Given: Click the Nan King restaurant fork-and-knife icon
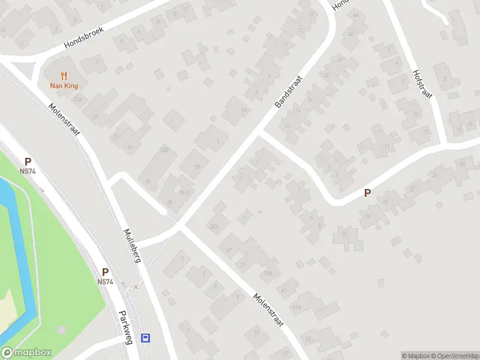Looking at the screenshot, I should [x=64, y=76].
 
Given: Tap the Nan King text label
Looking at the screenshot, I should [x=64, y=86].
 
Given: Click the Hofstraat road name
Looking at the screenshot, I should [x=422, y=83].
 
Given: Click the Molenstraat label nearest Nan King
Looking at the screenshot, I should [x=65, y=119].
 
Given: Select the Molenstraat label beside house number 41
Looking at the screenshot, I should [x=268, y=310].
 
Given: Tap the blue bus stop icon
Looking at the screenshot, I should [x=145, y=338].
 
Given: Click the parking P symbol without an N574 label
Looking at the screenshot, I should [x=367, y=193].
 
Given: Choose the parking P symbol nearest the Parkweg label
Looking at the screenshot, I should [x=105, y=272].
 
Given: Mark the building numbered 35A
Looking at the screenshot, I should [x=214, y=226].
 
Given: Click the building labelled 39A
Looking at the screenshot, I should [x=268, y=273].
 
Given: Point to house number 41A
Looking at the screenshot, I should [x=296, y=306].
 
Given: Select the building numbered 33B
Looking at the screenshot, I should [x=165, y=149].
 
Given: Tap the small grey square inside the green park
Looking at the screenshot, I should [x=61, y=329].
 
